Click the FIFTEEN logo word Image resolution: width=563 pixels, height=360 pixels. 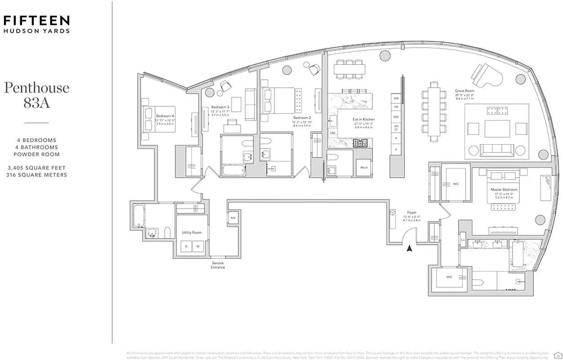[x=36, y=20]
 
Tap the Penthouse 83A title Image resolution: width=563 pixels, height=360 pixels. [x=36, y=94]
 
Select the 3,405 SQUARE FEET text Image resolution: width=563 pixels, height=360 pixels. [x=36, y=168]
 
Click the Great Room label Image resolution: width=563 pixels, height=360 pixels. [x=465, y=91]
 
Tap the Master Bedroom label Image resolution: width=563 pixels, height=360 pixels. [x=504, y=189]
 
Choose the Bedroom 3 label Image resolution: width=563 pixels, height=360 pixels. [x=220, y=107]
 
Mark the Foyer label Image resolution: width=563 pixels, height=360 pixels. [x=411, y=212]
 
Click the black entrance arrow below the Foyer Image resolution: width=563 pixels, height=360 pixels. [x=409, y=248]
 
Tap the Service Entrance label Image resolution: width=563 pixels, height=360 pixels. [x=217, y=265]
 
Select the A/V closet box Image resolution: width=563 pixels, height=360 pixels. [x=233, y=218]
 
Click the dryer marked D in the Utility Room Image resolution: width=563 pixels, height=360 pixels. [x=186, y=246]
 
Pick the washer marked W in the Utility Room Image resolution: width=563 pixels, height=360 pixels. [x=198, y=246]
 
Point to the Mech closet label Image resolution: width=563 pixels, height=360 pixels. [x=364, y=167]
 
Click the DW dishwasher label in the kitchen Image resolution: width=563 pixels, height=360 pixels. [x=333, y=133]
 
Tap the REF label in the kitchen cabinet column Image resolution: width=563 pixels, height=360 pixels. [x=396, y=117]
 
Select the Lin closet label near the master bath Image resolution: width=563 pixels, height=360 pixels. [x=463, y=240]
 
